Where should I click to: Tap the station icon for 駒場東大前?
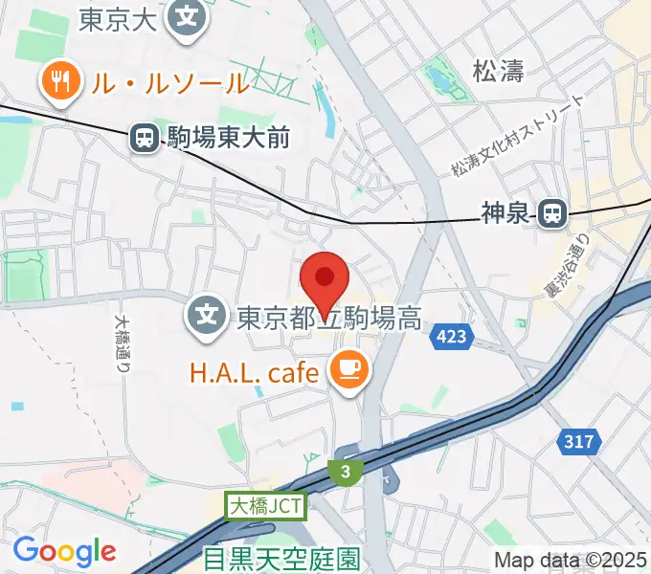click(x=145, y=140)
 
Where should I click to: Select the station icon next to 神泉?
click(x=552, y=215)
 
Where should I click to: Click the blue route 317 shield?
click(x=579, y=442)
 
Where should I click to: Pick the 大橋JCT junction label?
click(x=266, y=506)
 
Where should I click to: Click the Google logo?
click(x=64, y=550)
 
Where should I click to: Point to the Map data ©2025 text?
click(x=572, y=560)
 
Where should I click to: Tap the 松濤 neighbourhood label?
click(x=499, y=70)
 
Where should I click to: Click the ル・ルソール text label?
click(x=169, y=83)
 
